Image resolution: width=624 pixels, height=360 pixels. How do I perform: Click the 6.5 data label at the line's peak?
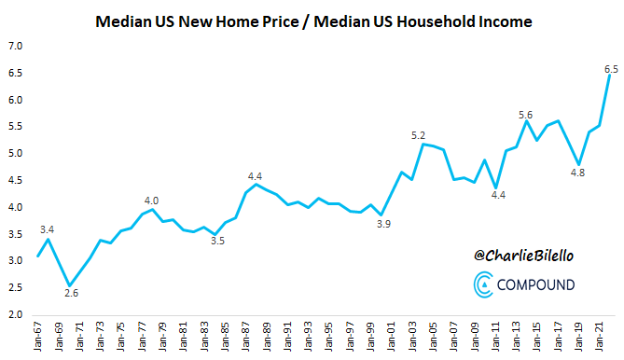611,69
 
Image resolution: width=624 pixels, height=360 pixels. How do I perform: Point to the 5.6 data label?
526,114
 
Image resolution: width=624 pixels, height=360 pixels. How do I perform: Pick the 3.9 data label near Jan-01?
381,224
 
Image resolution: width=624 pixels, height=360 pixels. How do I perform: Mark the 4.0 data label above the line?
152,200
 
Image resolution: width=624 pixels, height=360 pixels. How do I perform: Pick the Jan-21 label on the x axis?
598,338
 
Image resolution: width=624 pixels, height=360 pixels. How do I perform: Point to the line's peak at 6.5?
609,76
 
